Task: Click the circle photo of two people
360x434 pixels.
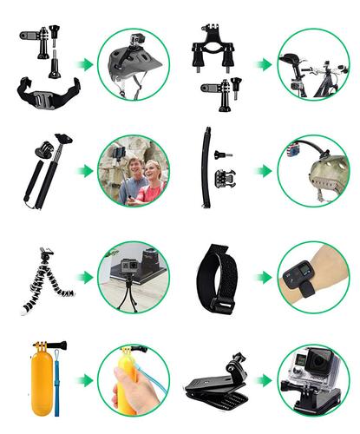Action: [x=134, y=170]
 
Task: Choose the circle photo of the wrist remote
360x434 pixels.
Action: [x=312, y=277]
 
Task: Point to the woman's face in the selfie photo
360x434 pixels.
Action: [x=151, y=169]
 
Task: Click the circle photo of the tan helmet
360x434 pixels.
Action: [x=312, y=170]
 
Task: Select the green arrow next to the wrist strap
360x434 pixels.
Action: [x=263, y=277]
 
